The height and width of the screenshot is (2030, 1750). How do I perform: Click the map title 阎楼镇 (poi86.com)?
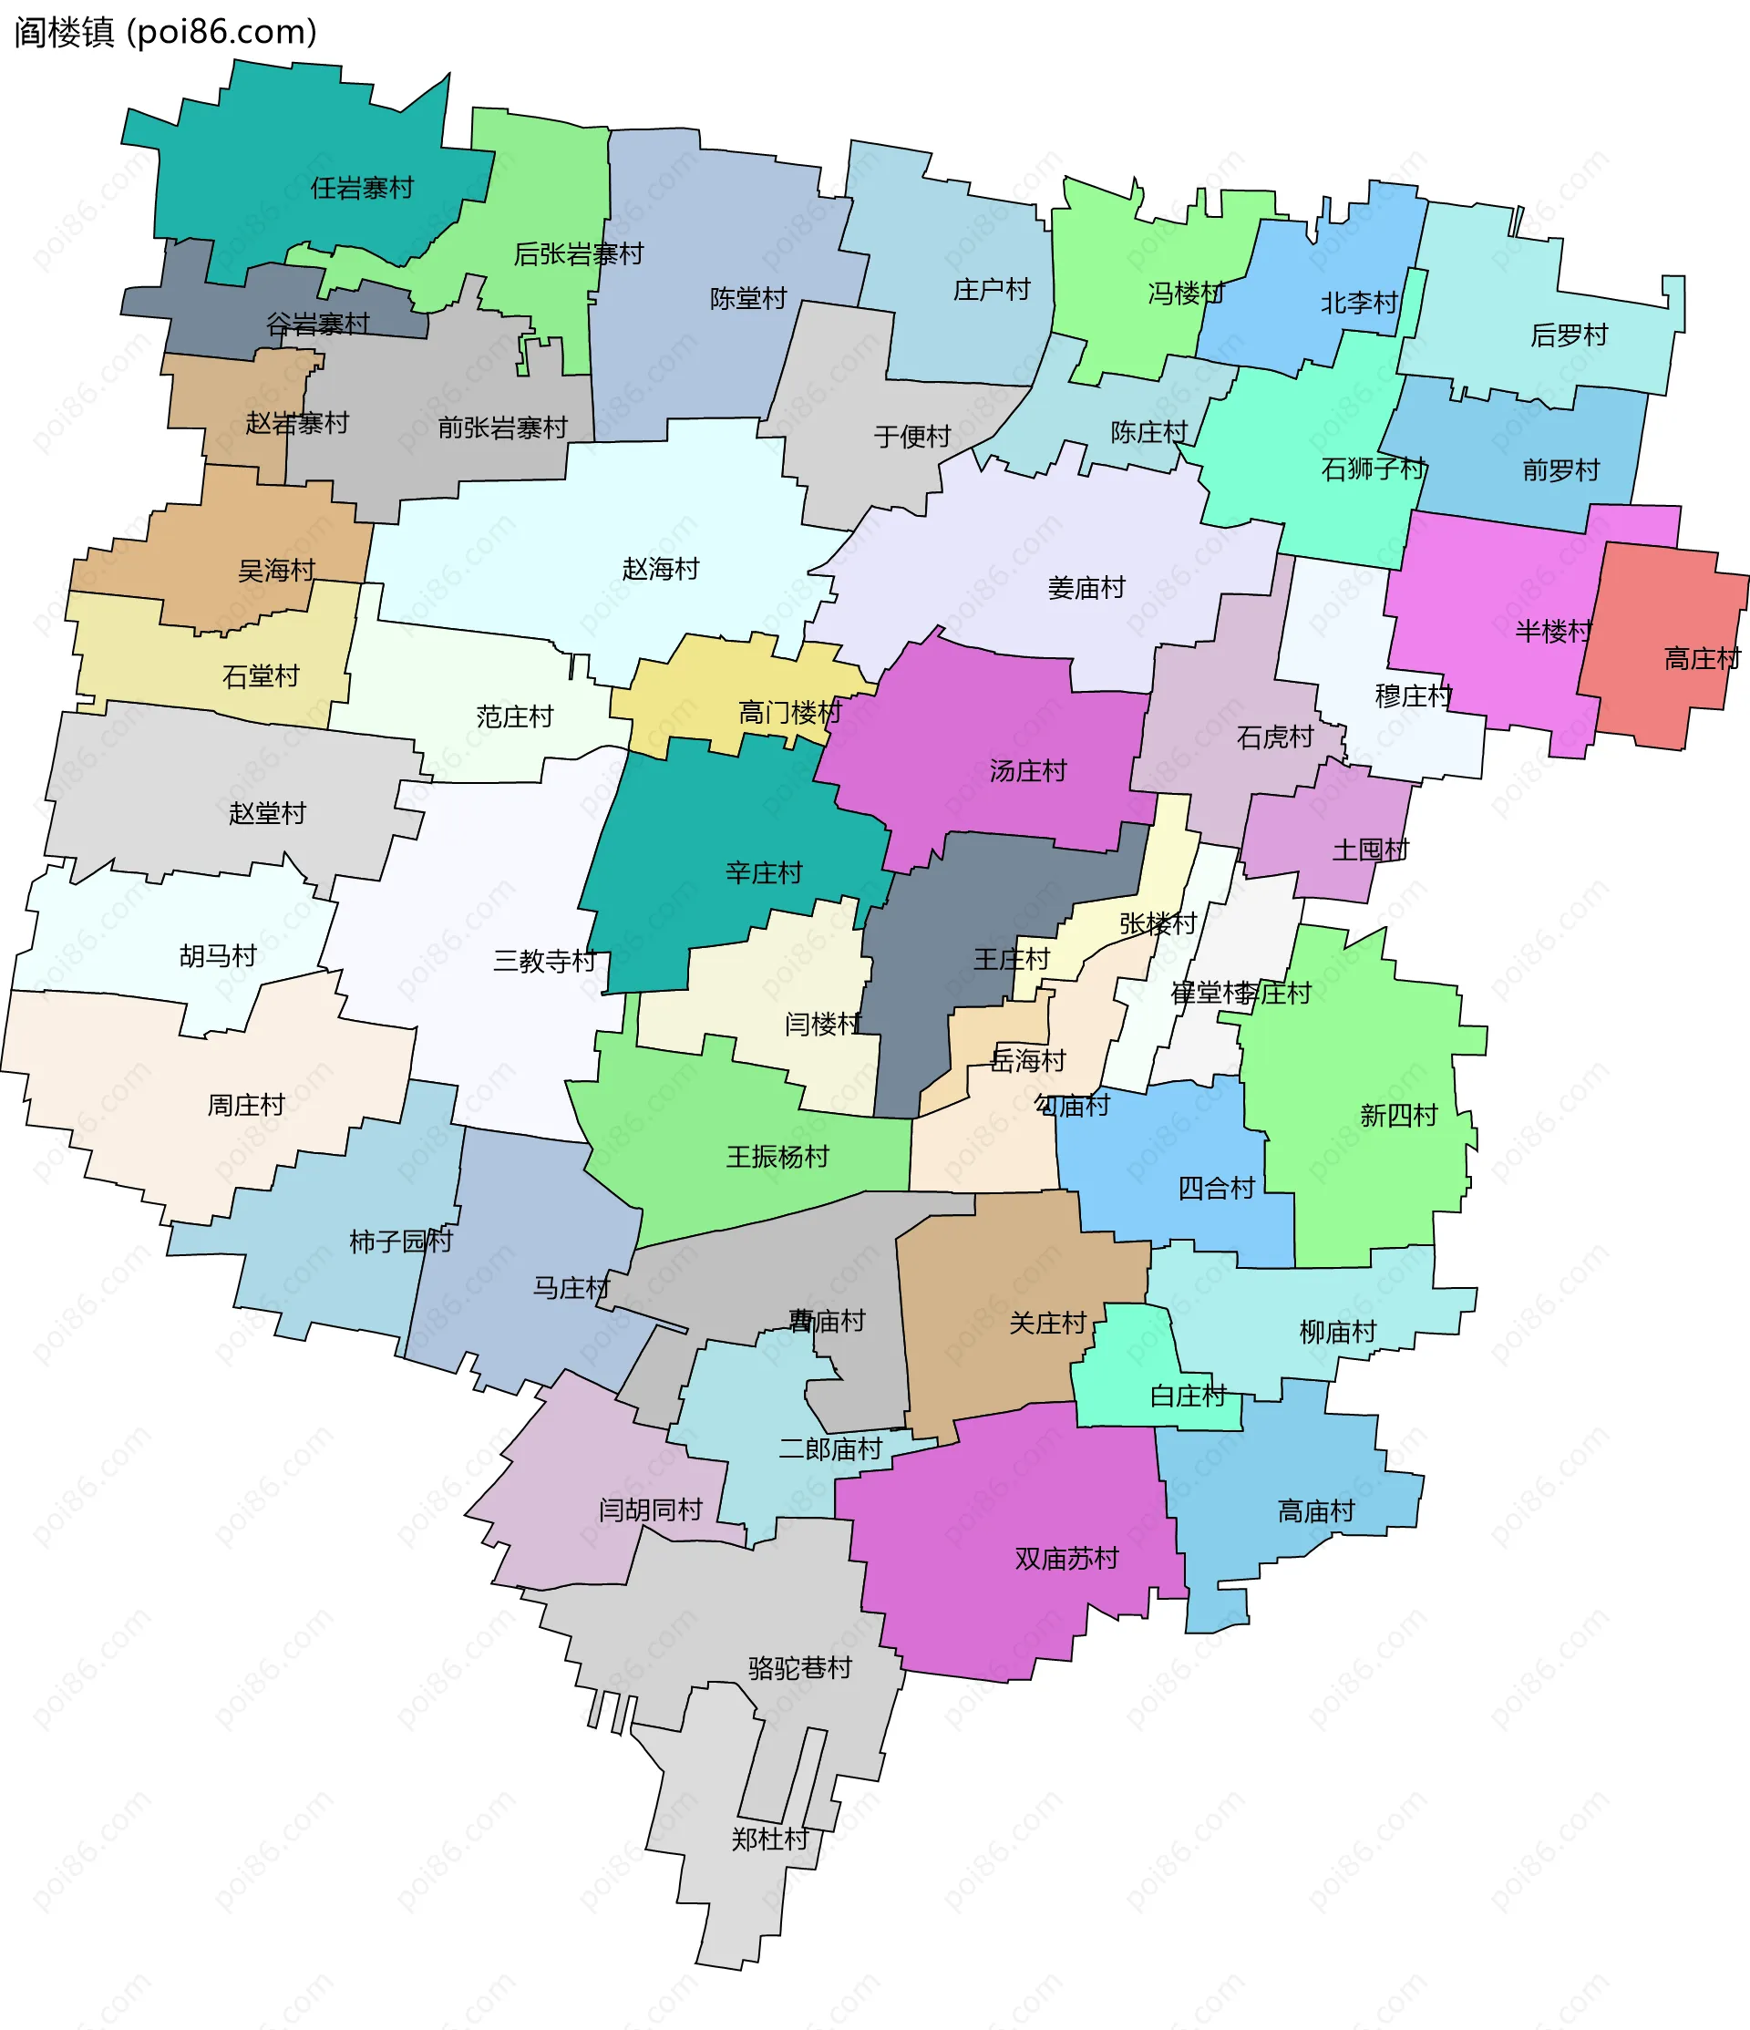(x=165, y=32)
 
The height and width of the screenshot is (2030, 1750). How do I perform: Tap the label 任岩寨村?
(x=362, y=188)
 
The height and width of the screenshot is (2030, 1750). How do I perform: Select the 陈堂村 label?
(x=747, y=299)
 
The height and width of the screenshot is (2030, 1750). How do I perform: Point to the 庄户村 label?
(x=992, y=290)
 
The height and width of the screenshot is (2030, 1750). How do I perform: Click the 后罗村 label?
(x=1569, y=336)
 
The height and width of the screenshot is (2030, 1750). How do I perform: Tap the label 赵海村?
(x=661, y=569)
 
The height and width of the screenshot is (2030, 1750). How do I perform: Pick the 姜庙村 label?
(x=1086, y=588)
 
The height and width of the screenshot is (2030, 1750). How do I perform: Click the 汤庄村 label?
(x=1027, y=771)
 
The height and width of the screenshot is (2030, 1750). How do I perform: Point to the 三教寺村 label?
(x=544, y=961)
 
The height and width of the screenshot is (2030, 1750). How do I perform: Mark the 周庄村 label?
(x=245, y=1105)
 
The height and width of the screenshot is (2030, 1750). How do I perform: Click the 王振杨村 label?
(x=777, y=1157)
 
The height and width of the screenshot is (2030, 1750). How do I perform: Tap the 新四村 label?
(x=1398, y=1115)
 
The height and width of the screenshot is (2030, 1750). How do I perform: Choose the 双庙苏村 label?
(x=1066, y=1558)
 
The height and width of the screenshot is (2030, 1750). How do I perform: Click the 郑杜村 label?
(x=769, y=1839)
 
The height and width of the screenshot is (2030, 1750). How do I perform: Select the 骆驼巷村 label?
(x=799, y=1667)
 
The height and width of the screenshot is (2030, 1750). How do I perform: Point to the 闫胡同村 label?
(x=650, y=1510)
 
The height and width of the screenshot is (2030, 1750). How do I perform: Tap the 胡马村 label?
(x=218, y=956)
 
